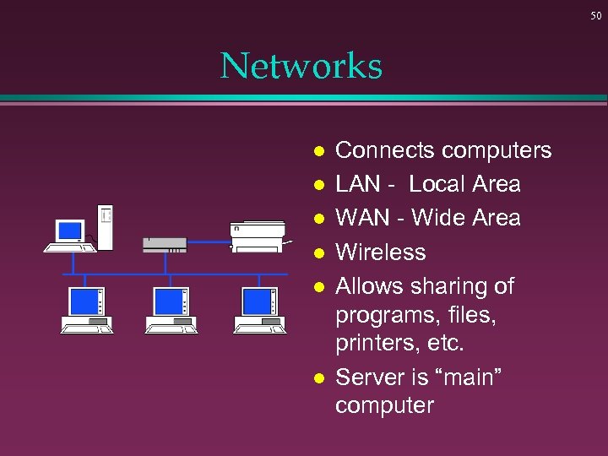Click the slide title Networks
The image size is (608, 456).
301,66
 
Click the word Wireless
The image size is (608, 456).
381,252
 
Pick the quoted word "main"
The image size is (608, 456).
468,377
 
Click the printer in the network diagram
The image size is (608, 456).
259,236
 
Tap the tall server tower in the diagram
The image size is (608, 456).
105,226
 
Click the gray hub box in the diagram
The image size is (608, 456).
165,244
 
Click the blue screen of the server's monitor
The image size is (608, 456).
69,231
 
